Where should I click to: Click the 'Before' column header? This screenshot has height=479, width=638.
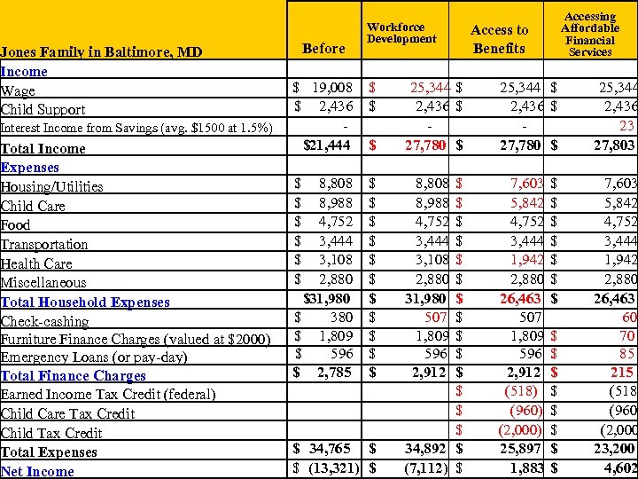click(x=323, y=49)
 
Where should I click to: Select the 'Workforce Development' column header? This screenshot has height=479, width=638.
click(x=401, y=33)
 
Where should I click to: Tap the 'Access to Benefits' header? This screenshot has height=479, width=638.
click(x=499, y=39)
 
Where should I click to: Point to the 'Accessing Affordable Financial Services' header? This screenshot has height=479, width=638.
click(x=590, y=35)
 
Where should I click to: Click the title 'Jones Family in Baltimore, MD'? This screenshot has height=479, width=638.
click(x=102, y=52)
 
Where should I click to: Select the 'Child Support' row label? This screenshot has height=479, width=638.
click(x=43, y=110)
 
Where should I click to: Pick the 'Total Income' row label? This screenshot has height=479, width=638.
click(x=43, y=149)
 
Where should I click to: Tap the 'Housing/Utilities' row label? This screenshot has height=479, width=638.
click(x=52, y=187)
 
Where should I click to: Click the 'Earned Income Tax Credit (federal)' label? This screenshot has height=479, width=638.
click(x=93, y=395)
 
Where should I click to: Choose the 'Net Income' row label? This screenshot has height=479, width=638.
click(x=37, y=472)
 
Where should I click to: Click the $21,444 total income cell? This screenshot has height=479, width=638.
click(x=325, y=145)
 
